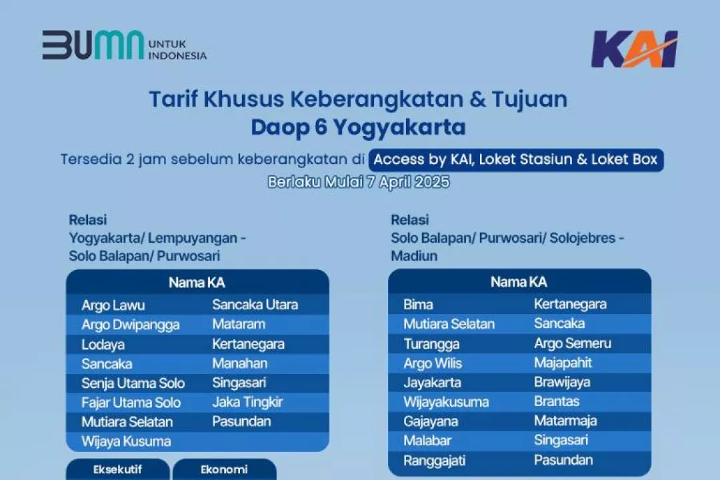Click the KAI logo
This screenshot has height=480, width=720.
coord(635,49)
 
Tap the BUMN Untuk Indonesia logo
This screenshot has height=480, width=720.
coord(125,45)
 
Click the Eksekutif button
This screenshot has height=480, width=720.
coord(117,469)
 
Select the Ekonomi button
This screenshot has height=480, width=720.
coord(224,469)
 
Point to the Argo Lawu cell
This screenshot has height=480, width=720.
coord(113,305)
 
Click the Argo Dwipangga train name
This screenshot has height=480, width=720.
coord(131,325)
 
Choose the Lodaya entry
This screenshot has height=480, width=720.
coord(103,345)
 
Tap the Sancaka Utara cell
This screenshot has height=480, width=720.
coord(255,305)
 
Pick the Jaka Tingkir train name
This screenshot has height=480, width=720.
coord(247,403)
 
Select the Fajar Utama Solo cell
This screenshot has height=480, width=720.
coord(131,403)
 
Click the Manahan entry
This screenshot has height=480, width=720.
coord(240,363)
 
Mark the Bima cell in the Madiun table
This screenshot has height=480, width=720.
coord(418,305)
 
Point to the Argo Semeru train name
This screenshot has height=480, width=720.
coord(573,343)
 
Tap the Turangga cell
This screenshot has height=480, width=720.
coord(431,344)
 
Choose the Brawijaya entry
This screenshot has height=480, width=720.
coord(562,382)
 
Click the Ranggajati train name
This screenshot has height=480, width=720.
coord(435,461)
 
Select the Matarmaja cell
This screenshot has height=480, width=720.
coord(565,421)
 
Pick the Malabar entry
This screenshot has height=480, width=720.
coord(427,441)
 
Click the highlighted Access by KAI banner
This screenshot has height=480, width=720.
coord(515,160)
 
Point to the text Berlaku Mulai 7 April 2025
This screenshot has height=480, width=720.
coord(359,182)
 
